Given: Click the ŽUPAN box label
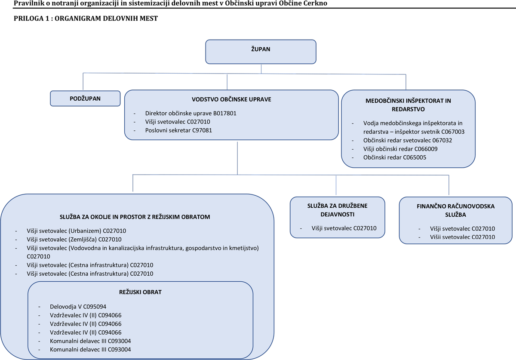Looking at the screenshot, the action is tap(261, 49).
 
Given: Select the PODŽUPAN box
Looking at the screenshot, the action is tap(85, 98).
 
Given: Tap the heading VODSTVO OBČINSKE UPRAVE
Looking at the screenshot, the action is tap(231, 99).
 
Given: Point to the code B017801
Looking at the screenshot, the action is tap(225, 113).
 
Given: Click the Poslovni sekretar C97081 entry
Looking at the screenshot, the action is tap(178, 130).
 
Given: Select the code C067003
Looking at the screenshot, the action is tap(453, 132).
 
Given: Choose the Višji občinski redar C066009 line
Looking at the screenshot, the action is tap(400, 149).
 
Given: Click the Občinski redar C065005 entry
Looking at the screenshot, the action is tap(395, 157).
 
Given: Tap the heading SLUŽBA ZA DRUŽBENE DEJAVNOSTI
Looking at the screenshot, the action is tap(338, 210).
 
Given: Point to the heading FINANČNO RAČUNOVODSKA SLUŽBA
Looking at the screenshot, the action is tap(456, 210).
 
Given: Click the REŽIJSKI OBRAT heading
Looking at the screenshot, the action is tap(140, 292).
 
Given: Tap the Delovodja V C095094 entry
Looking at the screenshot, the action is tap(78, 307).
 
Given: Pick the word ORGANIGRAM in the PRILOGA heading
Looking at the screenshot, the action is tap(78, 18).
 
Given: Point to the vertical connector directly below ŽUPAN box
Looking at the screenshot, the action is tap(261, 69).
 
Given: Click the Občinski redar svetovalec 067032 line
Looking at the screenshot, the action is tap(408, 140).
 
